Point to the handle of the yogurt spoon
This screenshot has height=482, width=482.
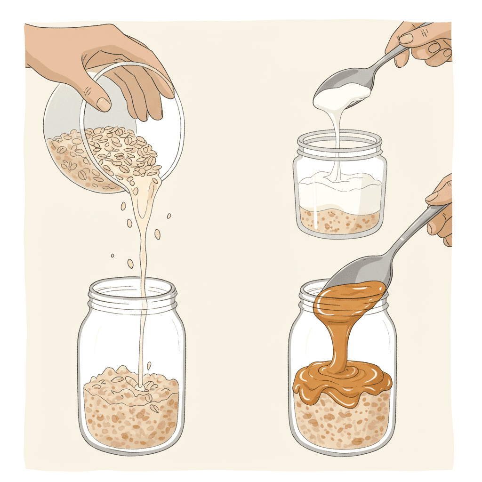[x=381, y=61]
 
